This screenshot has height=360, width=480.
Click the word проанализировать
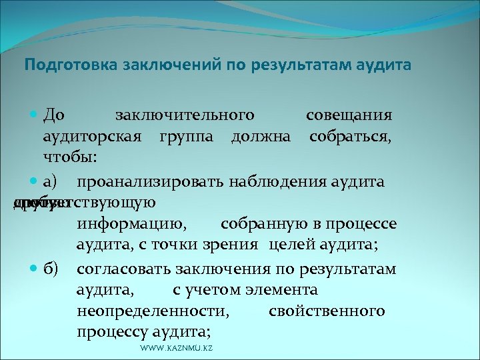pyautogui.click(x=151, y=181)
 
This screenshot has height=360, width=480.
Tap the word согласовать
pyautogui.click(x=124, y=269)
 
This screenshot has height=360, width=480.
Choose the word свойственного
pyautogui.click(x=327, y=311)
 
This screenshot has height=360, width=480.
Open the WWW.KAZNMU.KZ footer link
pyautogui.click(x=177, y=349)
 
